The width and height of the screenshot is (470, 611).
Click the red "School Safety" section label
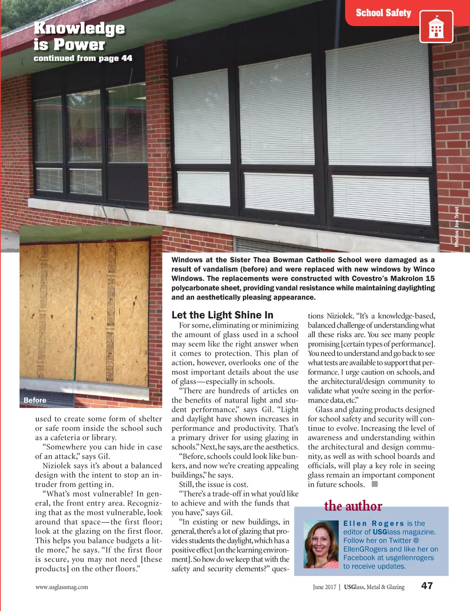[383, 13]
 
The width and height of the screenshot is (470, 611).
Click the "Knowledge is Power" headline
[78, 36]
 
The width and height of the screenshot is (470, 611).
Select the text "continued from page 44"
[83, 58]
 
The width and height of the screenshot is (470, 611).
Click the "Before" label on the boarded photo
[35, 400]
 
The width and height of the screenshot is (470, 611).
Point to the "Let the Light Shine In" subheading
[222, 315]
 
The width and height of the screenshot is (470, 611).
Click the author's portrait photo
[321, 544]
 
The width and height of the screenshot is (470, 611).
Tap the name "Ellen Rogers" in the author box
[373, 523]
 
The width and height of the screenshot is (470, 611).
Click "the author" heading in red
[353, 506]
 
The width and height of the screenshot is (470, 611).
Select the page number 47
[427, 586]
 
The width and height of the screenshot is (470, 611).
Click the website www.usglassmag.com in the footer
[62, 587]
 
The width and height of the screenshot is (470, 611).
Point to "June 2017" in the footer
[325, 587]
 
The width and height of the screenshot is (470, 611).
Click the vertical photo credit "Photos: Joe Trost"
[457, 227]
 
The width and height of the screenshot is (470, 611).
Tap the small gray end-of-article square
[375, 484]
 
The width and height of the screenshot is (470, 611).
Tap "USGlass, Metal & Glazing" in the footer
[374, 587]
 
